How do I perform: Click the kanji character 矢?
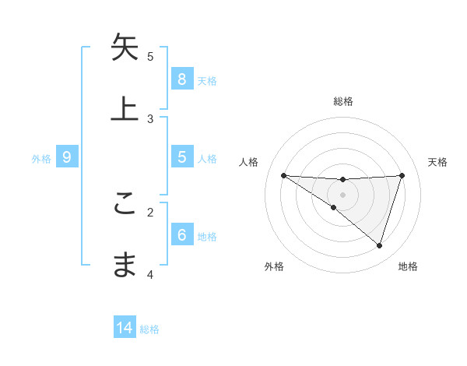coord(125,48)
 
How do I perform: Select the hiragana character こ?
coord(125,204)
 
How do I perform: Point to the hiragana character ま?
coord(125,266)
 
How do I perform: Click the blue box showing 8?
coord(181,79)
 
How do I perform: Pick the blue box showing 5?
coord(181,157)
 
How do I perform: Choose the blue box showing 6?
coord(181,235)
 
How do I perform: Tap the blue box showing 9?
coord(67,157)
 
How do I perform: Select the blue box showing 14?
coord(125,329)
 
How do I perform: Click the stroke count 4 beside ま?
coord(150,273)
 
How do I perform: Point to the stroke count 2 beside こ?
coord(150,211)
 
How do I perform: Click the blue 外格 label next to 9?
coord(41,158)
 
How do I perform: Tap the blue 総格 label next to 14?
coord(149,329)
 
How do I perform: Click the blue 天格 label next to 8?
coord(207,80)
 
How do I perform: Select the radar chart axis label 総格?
coord(343,101)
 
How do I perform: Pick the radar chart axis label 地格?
coord(408,266)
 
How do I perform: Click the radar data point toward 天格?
coord(402,175)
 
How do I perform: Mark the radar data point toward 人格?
coord(283,175)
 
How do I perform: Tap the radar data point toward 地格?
coord(379,245)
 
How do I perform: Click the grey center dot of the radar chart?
coord(343,194)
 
